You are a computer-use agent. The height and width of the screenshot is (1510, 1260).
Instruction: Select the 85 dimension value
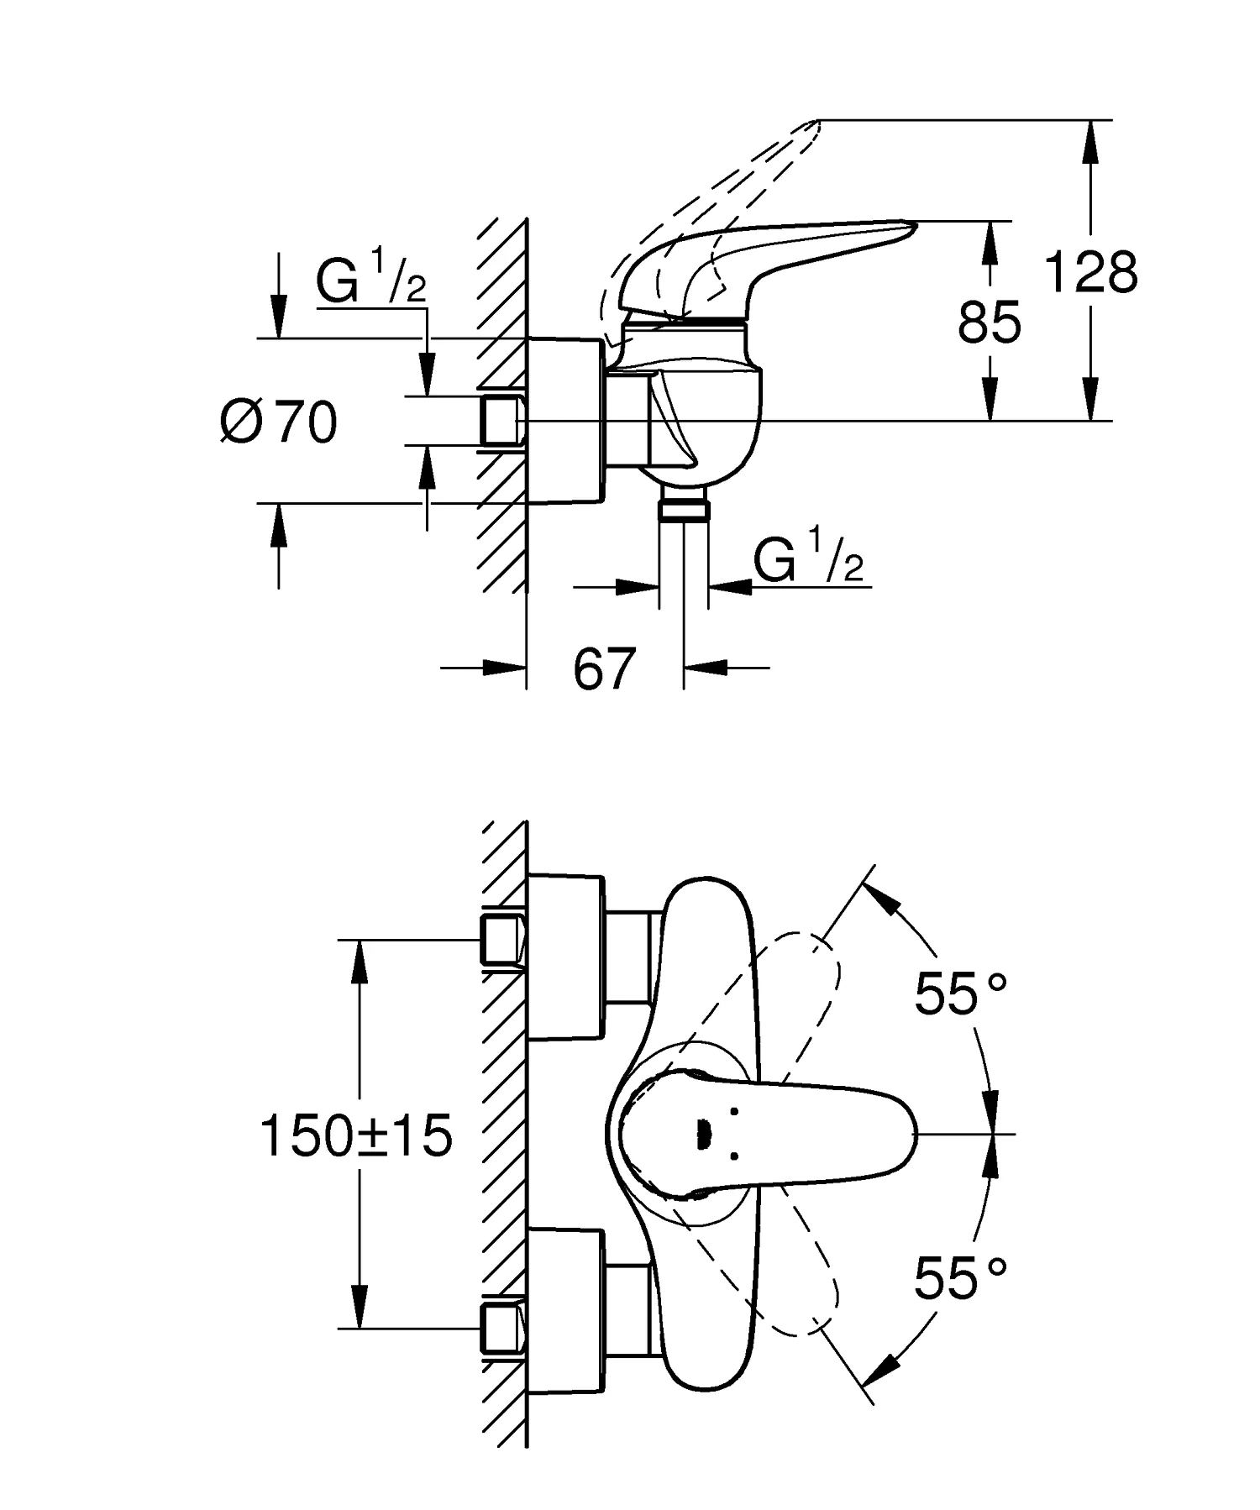(989, 321)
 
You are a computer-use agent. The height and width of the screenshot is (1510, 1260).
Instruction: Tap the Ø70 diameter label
(279, 422)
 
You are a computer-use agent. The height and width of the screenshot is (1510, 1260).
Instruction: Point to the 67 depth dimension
(603, 668)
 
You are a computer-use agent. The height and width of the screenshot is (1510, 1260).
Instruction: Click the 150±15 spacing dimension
(356, 1136)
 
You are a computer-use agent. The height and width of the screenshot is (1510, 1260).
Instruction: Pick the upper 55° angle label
(959, 994)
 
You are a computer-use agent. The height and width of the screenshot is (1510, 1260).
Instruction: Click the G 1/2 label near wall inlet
(370, 280)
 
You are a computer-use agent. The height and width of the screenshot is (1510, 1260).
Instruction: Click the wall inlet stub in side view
(501, 421)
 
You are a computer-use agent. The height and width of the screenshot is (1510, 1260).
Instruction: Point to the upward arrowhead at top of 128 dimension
(1089, 134)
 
